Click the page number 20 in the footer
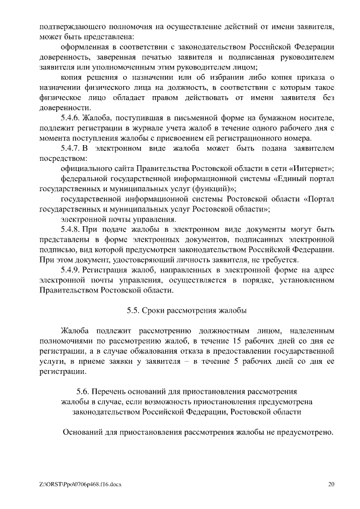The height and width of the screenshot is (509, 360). pos(331,484)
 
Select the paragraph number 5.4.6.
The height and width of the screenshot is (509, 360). pos(70,118)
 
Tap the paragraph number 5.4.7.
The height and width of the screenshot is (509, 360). pos(70,148)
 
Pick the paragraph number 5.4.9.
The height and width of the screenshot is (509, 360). pos(70,270)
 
